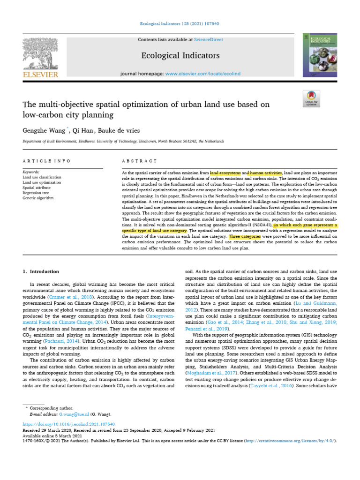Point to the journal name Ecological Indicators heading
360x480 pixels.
click(x=180, y=56)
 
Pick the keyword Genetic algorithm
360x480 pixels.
click(x=38, y=198)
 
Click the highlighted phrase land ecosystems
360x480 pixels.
click(x=225, y=173)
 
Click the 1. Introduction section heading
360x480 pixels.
click(x=41, y=271)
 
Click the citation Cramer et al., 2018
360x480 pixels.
click(x=75, y=297)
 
